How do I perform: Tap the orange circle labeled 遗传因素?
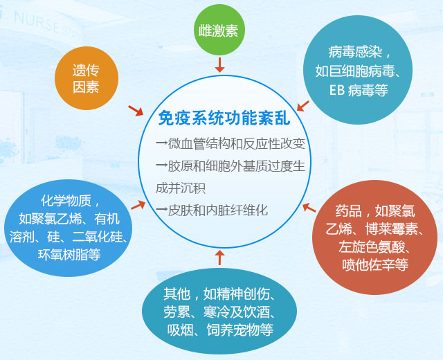coord(86,78)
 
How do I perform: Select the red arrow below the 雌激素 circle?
coord(219,64)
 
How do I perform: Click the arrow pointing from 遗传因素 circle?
coord(136,111)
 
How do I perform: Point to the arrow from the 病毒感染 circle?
coord(303,106)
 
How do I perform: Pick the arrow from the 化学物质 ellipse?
coord(138,205)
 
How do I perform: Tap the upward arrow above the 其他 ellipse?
coord(219,257)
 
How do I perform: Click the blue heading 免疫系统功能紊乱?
coord(224,118)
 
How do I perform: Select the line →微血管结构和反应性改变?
coord(230,144)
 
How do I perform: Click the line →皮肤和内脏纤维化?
coord(212,210)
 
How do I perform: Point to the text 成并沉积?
coord(181,188)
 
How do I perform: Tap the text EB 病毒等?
coord(359,90)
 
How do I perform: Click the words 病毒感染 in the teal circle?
coord(355,52)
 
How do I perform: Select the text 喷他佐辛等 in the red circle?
coord(375,264)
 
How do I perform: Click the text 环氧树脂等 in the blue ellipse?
coord(69,254)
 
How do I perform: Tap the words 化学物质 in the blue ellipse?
coord(66,200)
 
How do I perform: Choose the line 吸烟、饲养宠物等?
coord(220,330)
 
